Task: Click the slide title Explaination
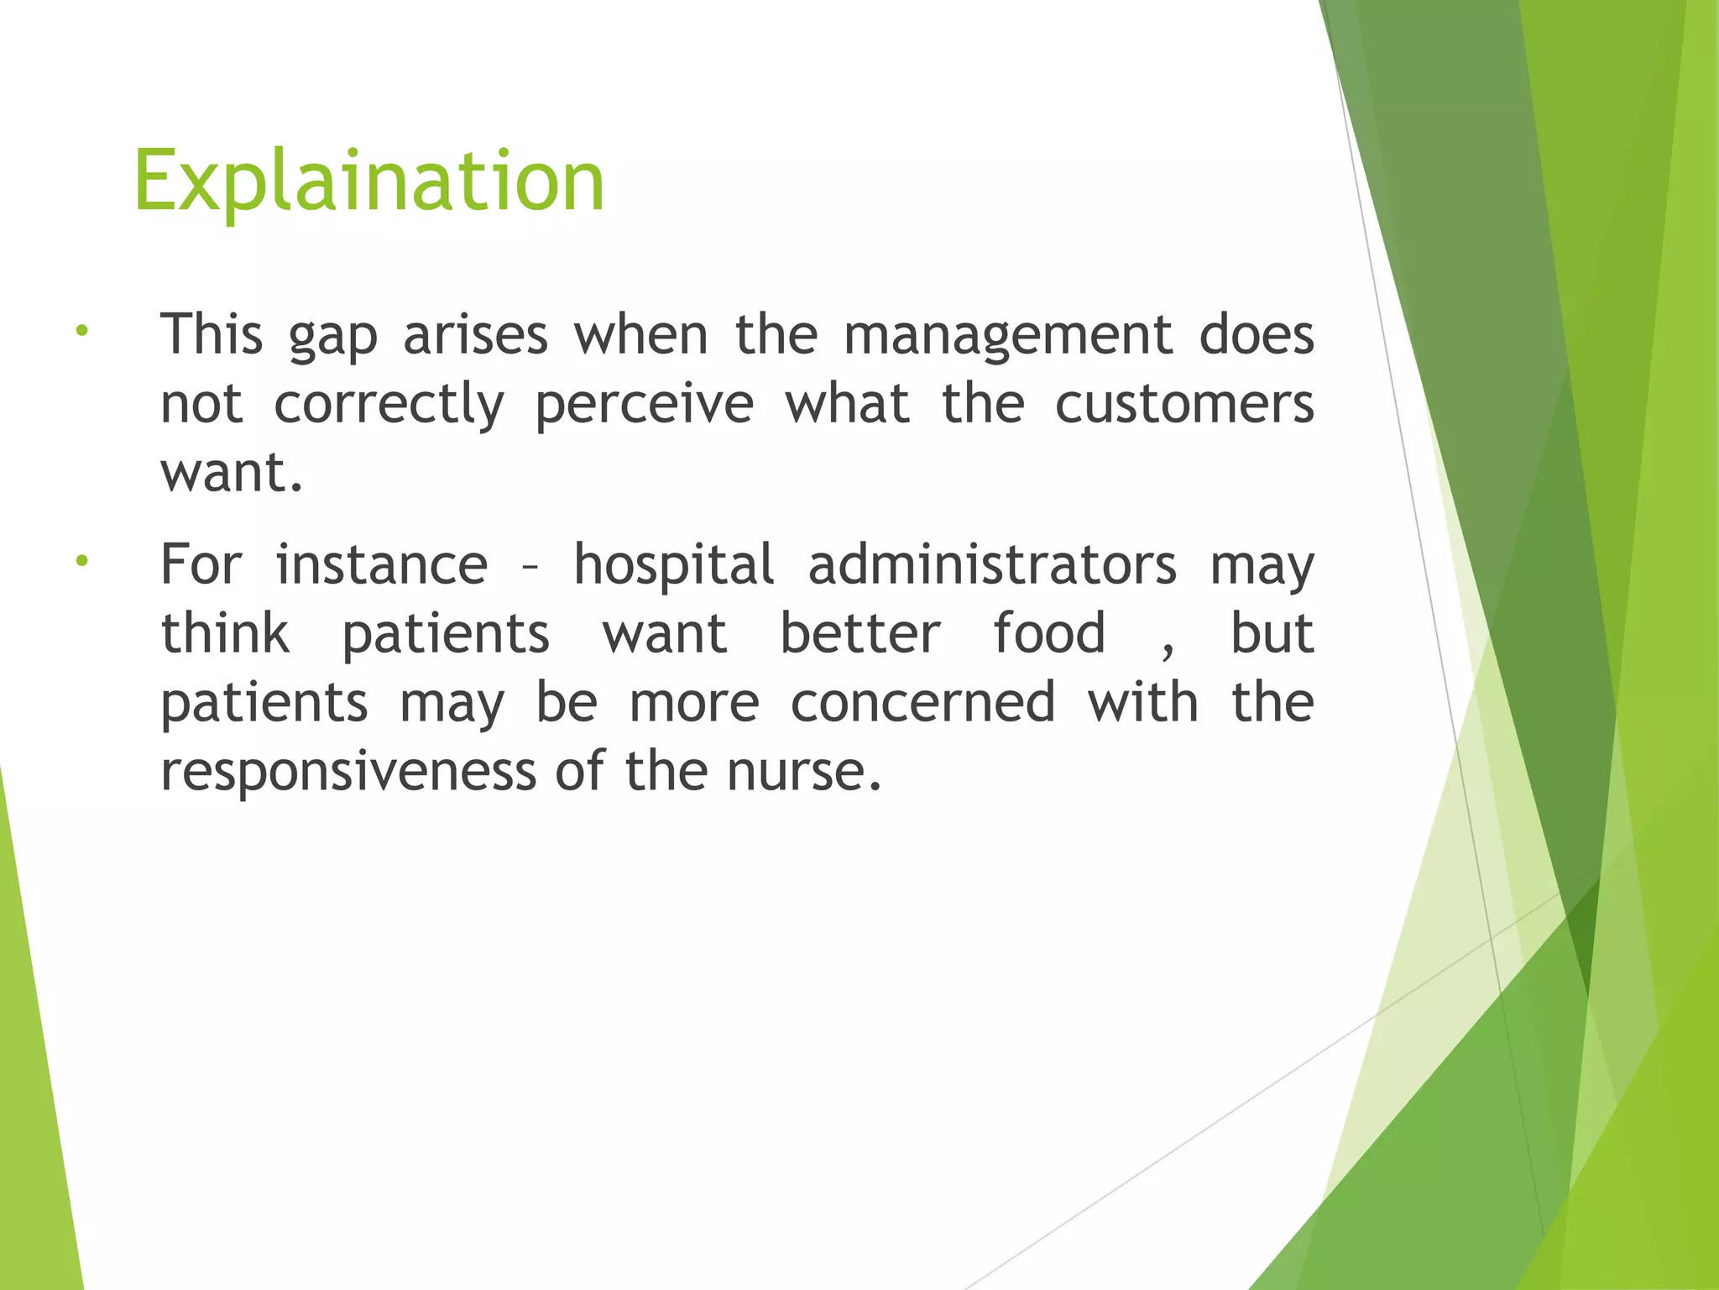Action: tap(368, 181)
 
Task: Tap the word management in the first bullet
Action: tap(1007, 336)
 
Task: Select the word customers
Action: tap(1183, 405)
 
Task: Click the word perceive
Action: tap(644, 405)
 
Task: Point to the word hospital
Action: tap(674, 564)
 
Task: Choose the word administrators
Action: tap(991, 564)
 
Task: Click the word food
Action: tap(1048, 633)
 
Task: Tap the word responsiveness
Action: tap(347, 771)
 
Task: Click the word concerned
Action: tap(922, 702)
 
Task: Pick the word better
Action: tap(859, 633)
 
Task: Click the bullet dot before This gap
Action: tap(81, 331)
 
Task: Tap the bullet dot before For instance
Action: tap(81, 560)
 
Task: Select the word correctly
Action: tap(389, 405)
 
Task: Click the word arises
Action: tap(475, 336)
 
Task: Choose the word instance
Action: tap(381, 564)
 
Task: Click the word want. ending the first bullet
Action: tap(231, 474)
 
